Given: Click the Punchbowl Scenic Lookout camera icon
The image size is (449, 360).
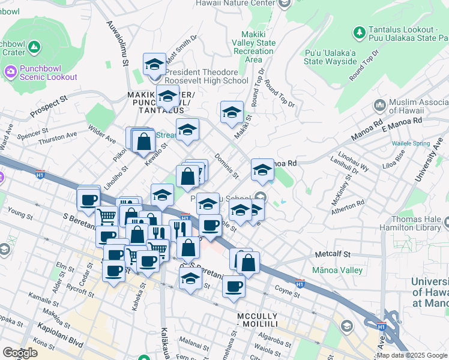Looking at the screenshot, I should [10, 72].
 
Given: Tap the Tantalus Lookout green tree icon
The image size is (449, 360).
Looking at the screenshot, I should [360, 32].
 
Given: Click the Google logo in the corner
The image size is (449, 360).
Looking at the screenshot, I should [20, 353].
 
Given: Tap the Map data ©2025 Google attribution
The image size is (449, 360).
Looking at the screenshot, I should [412, 355].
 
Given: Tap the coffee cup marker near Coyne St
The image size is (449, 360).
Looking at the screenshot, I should [234, 286].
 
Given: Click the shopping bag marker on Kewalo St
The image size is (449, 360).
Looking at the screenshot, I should [143, 142].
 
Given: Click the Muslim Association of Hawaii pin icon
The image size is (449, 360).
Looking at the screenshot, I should [379, 106].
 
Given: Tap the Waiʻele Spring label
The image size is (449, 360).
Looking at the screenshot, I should [411, 143].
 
